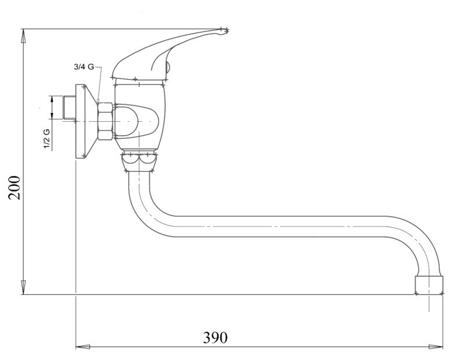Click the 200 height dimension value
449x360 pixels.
coord(15,188)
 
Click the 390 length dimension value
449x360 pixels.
coord(215,337)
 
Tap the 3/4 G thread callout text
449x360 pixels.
coord(84,67)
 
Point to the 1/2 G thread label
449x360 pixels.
coord(47,139)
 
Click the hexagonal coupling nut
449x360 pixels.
coord(105,121)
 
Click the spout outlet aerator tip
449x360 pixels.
coord(429,285)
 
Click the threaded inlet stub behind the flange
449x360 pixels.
coord(69,108)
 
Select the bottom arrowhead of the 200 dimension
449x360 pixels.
coord(23,287)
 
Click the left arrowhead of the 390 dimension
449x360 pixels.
coord(82,347)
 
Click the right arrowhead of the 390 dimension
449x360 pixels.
coord(436,347)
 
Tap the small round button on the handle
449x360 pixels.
coord(168,68)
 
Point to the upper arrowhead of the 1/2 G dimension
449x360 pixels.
coord(52,99)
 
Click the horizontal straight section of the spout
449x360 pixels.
coord(280,227)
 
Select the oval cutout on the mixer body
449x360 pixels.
coord(137,121)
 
